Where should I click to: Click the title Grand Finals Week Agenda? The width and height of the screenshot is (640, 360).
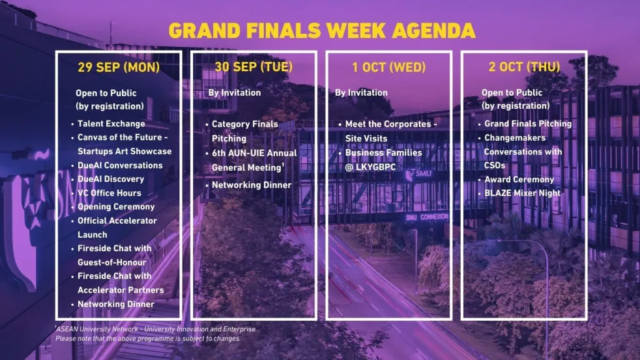(x=322, y=31)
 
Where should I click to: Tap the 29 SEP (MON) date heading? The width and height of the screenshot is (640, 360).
(x=119, y=67)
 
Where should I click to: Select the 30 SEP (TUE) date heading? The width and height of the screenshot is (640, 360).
(x=254, y=67)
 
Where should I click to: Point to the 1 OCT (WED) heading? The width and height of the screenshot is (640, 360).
(x=389, y=67)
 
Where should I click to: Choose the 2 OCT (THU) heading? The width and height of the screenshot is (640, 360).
(x=524, y=67)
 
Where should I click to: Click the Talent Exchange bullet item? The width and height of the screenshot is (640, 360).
(x=111, y=124)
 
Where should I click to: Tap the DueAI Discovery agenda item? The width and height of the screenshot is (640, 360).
(x=111, y=179)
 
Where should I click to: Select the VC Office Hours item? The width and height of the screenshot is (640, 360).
(x=109, y=193)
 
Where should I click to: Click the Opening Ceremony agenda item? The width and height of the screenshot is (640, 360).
(x=116, y=207)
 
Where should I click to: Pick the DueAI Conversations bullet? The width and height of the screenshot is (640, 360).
(x=120, y=165)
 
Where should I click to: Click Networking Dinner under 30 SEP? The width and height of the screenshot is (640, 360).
(x=251, y=185)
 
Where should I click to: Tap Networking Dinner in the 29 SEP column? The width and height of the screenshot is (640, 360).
(x=116, y=304)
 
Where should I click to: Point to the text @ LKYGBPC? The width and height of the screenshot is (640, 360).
(x=371, y=167)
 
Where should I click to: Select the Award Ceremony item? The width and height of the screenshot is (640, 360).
(x=519, y=179)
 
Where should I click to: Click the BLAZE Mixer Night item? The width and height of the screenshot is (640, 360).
(x=522, y=193)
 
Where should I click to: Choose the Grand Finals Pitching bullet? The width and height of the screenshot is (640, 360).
(x=528, y=124)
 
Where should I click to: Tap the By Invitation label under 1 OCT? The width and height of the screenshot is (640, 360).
(x=361, y=92)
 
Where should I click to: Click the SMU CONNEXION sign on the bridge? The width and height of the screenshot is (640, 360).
(x=427, y=217)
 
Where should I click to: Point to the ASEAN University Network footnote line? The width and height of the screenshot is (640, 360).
(x=156, y=329)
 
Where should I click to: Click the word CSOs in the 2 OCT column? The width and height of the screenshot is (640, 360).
(x=495, y=165)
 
